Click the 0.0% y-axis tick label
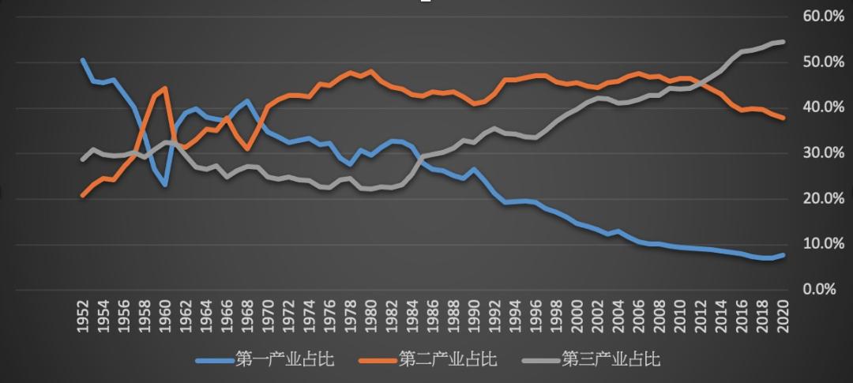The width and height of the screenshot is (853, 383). pos(818,289)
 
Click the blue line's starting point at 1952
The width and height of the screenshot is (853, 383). pos(83,60)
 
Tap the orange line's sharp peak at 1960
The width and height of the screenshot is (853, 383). pos(164,88)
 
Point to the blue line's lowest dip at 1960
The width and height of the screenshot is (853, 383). pos(164,185)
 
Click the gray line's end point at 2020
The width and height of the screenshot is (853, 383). pos(782,41)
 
